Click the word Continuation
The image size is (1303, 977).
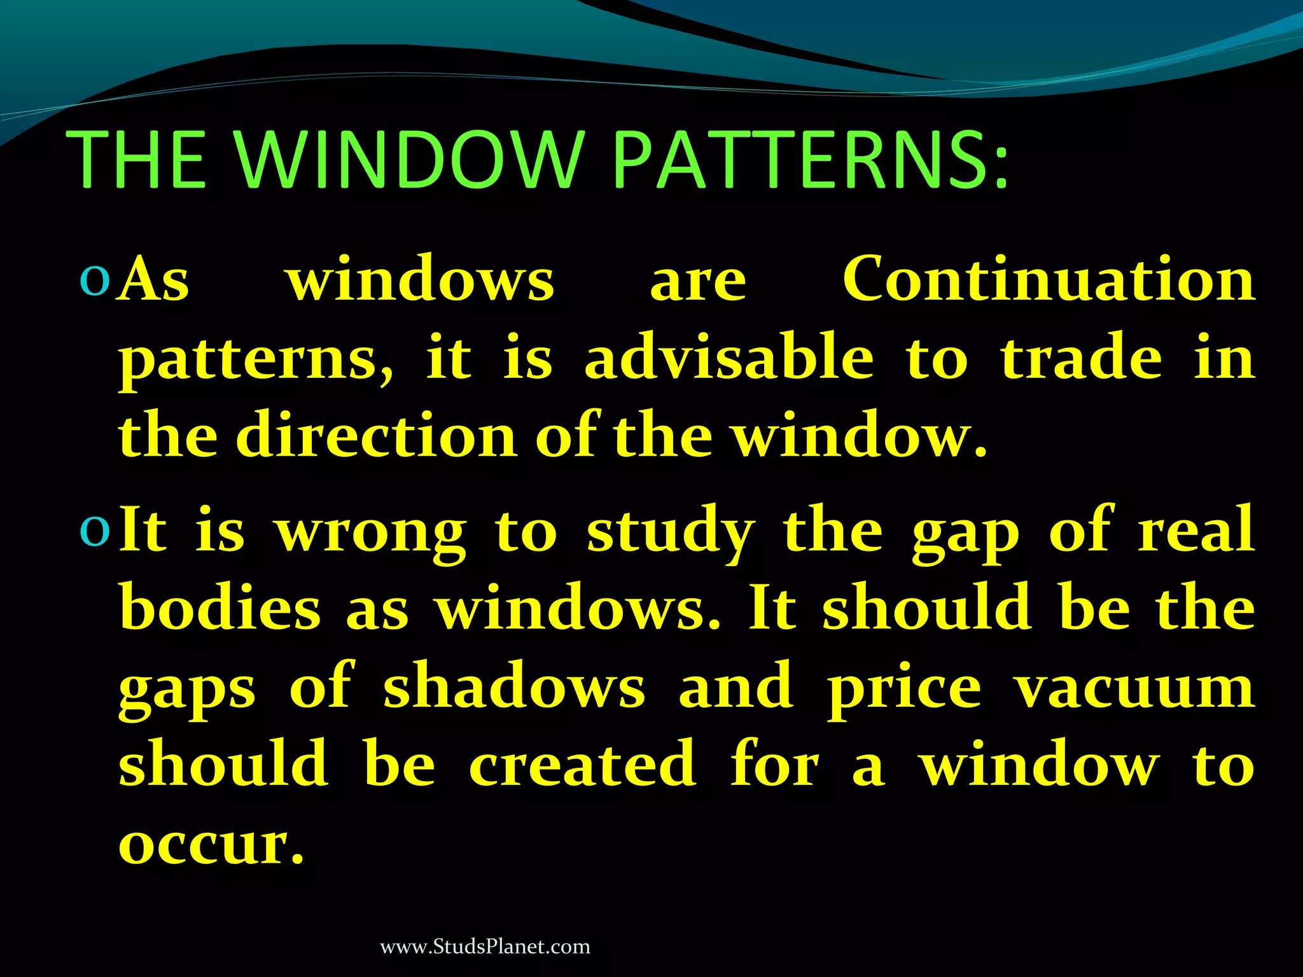[x=1049, y=280]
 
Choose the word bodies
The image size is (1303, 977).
[x=220, y=607]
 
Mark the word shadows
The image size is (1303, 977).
[x=514, y=687]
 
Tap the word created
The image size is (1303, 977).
[x=583, y=764]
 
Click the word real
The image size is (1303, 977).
[x=1196, y=530]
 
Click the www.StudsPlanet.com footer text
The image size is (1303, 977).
[x=485, y=947]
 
